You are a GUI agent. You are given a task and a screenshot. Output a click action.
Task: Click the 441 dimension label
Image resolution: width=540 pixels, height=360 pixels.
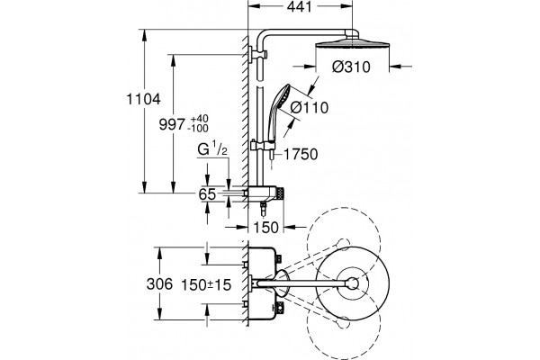click(x=300, y=7)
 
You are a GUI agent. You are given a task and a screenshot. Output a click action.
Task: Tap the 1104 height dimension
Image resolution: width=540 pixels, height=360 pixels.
click(x=144, y=100)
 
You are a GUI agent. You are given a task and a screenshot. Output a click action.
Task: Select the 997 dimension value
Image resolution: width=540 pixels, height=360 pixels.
click(x=172, y=124)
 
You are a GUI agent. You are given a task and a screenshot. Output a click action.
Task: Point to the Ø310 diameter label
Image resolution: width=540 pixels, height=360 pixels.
click(x=351, y=67)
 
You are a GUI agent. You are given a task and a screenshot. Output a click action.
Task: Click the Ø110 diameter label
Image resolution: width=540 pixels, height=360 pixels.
click(x=310, y=107)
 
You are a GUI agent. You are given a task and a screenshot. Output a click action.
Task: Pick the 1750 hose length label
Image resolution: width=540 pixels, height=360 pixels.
click(x=301, y=154)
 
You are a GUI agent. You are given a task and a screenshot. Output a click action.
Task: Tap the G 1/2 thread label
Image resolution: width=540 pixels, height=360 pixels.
click(x=212, y=150)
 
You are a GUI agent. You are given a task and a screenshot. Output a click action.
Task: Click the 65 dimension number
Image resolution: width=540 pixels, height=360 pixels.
click(x=207, y=194)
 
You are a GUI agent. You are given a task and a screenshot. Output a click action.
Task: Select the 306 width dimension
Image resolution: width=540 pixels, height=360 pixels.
click(x=159, y=284)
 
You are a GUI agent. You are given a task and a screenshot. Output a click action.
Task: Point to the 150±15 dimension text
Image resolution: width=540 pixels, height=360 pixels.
click(x=206, y=285)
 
